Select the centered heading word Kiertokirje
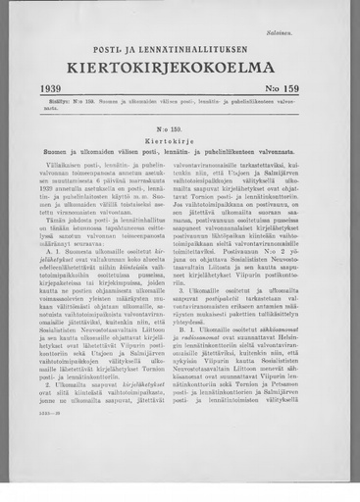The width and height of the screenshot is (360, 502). (180, 140)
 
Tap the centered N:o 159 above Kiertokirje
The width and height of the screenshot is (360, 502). (180, 128)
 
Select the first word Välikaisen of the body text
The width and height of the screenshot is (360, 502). (70, 165)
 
